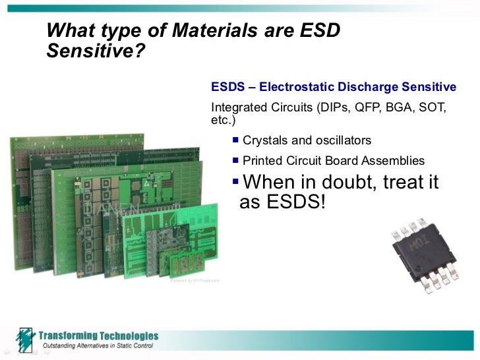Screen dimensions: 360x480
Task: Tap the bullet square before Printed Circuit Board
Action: [x=235, y=160]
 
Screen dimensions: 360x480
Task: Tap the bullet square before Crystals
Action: [x=235, y=140]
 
